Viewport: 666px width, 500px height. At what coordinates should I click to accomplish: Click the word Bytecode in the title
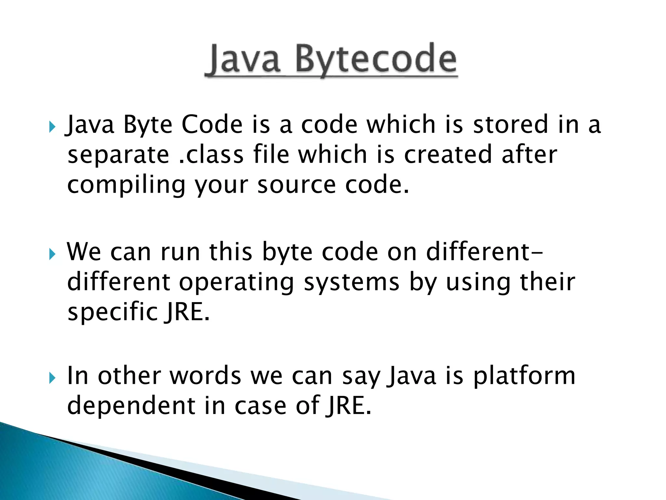pyautogui.click(x=376, y=60)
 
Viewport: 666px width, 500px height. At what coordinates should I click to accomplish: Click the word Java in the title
pyautogui.click(x=244, y=60)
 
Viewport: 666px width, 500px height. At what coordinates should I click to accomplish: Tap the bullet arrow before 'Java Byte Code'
pyautogui.click(x=52, y=127)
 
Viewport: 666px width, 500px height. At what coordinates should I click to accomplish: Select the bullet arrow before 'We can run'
pyautogui.click(x=52, y=254)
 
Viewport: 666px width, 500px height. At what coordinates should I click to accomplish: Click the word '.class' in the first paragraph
pyautogui.click(x=211, y=154)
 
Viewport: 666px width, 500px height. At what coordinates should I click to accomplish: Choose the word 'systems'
pyautogui.click(x=351, y=283)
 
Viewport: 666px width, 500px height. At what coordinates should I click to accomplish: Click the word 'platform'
pyautogui.click(x=524, y=376)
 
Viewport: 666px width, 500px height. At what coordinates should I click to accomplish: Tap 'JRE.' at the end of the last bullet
pyautogui.click(x=349, y=406)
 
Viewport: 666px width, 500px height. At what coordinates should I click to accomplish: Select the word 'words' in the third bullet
pyautogui.click(x=205, y=376)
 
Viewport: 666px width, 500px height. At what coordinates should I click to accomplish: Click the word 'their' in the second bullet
pyautogui.click(x=548, y=282)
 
